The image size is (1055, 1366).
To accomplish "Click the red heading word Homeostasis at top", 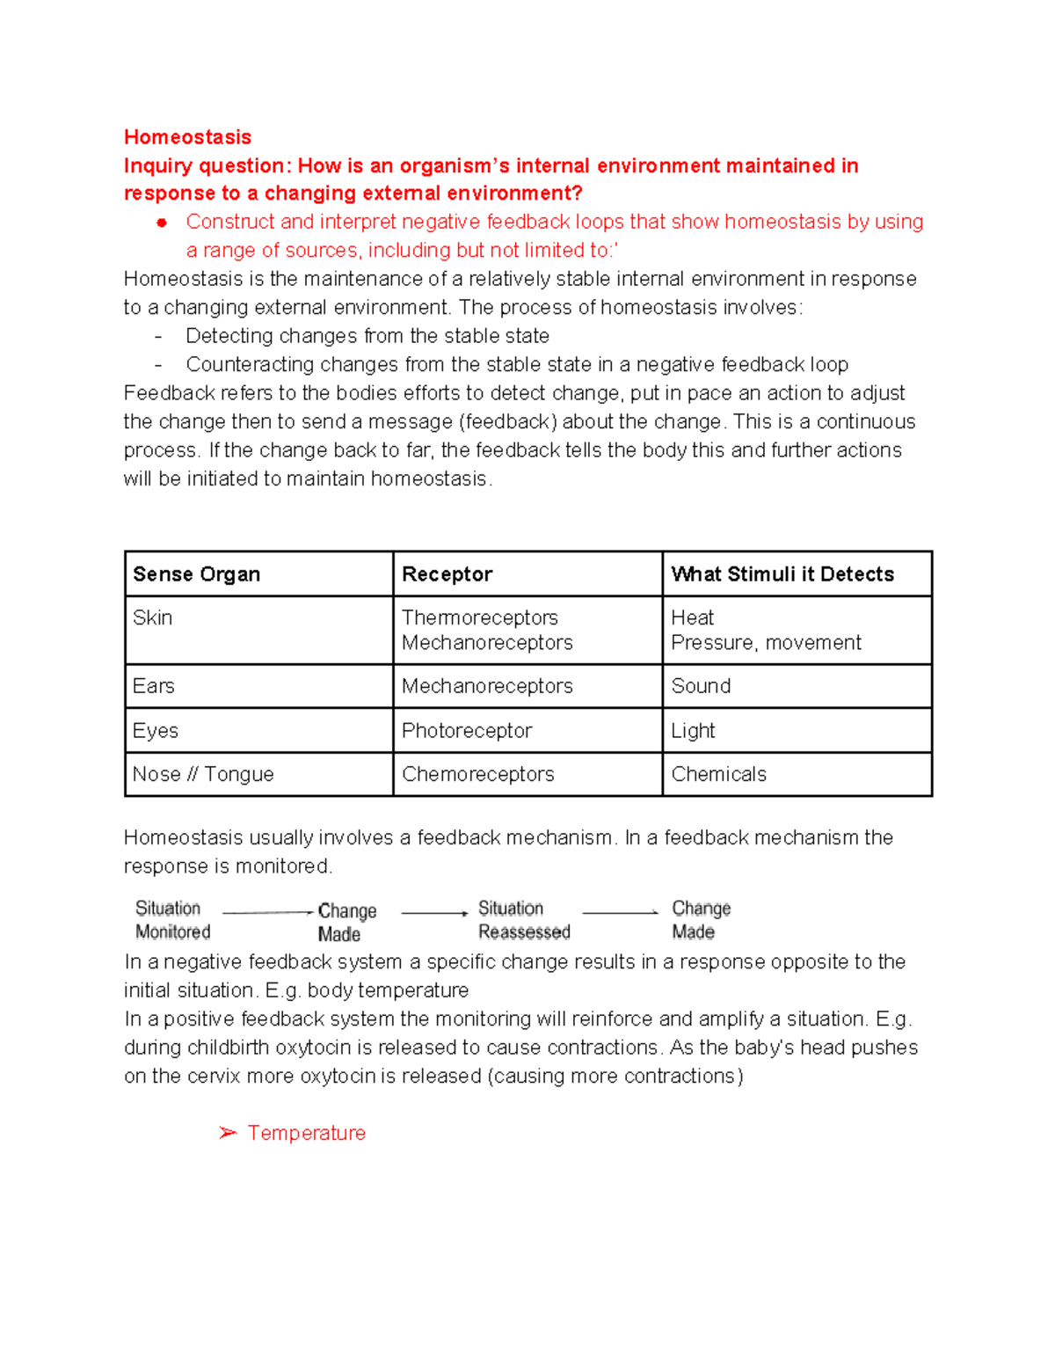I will (x=187, y=137).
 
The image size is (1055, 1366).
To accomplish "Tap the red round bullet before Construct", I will (x=162, y=223).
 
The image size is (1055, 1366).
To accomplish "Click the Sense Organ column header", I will (x=196, y=574).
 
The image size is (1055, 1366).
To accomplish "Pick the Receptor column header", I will (x=447, y=574).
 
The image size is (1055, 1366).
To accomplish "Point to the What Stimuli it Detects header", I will (x=782, y=574).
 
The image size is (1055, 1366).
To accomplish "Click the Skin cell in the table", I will (x=153, y=617).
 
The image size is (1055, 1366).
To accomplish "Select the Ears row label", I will (x=154, y=686).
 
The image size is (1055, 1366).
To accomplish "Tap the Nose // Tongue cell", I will (x=203, y=774).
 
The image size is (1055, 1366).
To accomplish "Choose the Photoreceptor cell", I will (x=467, y=731).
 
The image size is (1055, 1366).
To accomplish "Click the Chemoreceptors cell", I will (x=477, y=774).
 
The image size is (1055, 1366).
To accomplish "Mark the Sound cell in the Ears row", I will (x=701, y=686).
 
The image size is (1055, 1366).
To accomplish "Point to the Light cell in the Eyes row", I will (x=693, y=731).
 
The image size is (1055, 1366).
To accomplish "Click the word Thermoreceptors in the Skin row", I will (x=479, y=617).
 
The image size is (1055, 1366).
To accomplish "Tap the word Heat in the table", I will (x=692, y=617).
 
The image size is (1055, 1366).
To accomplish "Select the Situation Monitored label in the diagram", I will (x=172, y=920).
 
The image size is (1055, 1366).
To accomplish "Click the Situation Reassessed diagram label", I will (x=524, y=920).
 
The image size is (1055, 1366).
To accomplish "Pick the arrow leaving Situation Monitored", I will (x=267, y=912).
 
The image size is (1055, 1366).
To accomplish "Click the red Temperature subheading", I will (x=306, y=1133).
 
